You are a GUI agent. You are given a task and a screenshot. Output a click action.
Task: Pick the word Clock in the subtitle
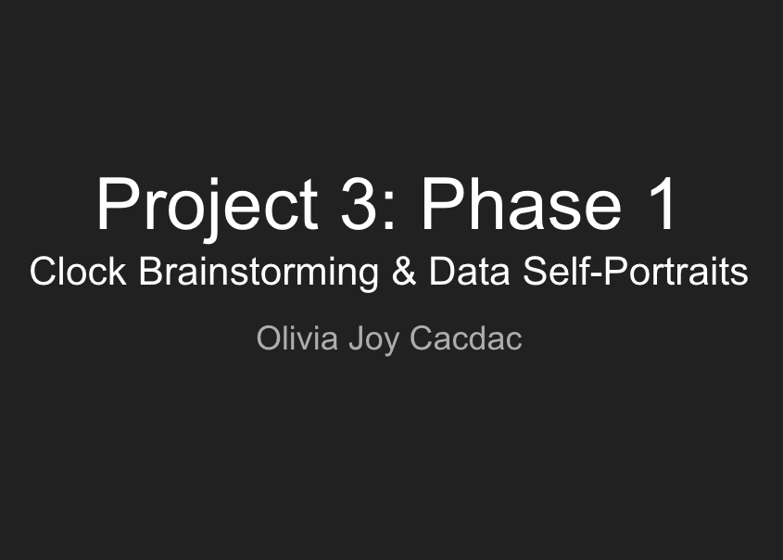(x=78, y=272)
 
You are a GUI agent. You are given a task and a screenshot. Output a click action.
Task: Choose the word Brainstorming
(x=259, y=274)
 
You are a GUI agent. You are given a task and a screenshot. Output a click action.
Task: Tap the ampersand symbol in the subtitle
(x=404, y=272)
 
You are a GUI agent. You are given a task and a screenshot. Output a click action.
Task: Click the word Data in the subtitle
(x=470, y=272)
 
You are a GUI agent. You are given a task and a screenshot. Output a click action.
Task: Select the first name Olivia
(x=297, y=338)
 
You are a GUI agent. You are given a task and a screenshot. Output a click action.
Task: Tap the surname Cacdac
(x=466, y=338)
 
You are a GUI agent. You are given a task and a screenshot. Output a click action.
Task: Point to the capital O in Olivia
(x=270, y=338)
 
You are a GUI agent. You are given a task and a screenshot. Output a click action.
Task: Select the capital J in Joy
(x=357, y=338)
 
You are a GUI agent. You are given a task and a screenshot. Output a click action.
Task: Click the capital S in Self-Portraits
(x=535, y=272)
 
